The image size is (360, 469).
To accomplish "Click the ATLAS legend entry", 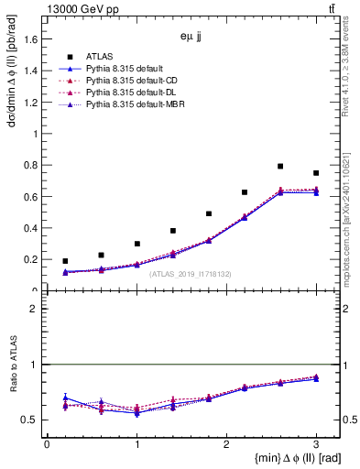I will (x=99, y=55).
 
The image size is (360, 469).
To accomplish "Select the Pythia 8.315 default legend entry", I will (x=124, y=68).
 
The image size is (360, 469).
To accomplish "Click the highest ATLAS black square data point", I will (x=280, y=167).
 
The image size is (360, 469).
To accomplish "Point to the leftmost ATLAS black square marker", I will (x=65, y=261).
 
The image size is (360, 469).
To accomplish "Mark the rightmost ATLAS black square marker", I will (x=316, y=173).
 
